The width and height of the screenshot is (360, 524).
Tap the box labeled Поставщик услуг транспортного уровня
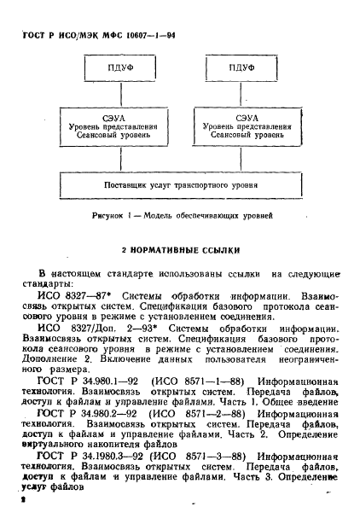[x=181, y=185]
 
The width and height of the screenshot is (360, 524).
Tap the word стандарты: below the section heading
[x=53, y=282]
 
